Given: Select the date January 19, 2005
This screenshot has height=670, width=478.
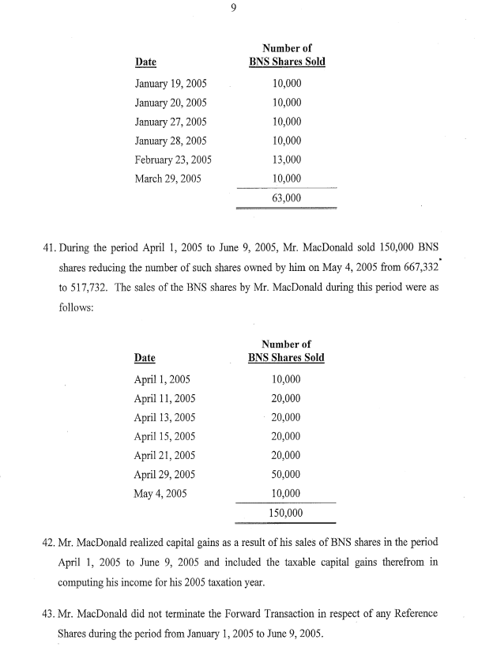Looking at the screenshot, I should pos(172,85).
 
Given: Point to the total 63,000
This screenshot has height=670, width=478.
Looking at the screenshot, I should pos(286,198).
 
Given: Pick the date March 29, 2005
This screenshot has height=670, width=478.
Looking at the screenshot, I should pos(168,179).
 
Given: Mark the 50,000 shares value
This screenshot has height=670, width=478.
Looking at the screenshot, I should pos(286,475).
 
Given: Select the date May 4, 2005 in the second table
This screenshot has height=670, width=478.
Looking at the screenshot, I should pos(161,494).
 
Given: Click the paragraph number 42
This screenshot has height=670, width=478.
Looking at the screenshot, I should pos(46,544).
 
